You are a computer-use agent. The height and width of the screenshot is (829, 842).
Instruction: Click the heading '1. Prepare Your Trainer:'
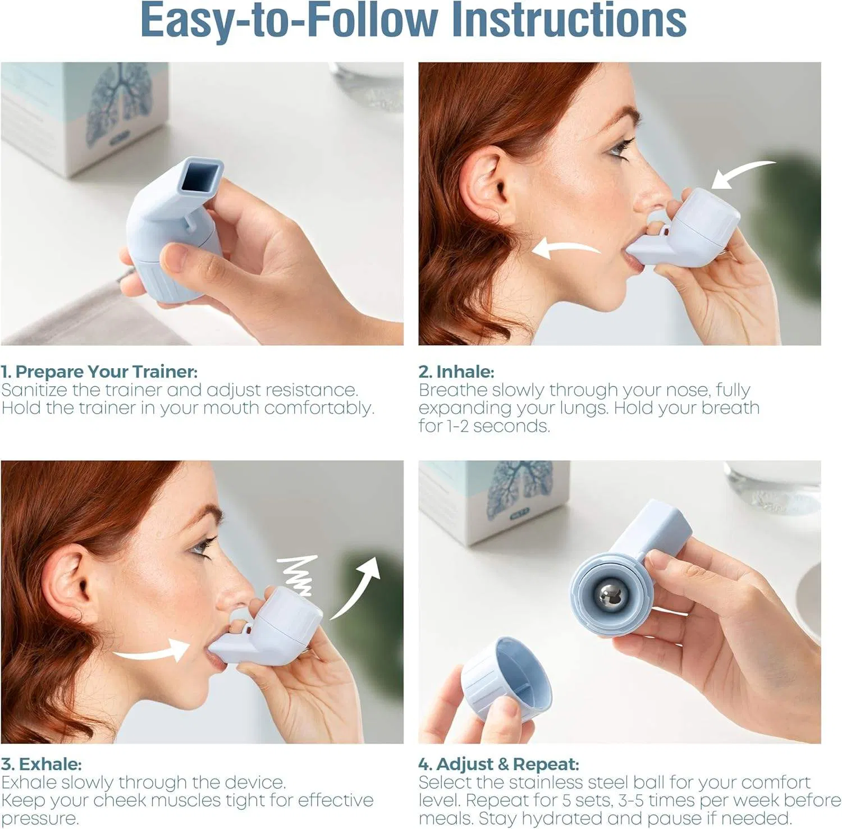pos(99,372)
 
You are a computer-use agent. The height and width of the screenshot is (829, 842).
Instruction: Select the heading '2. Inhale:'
pos(456,372)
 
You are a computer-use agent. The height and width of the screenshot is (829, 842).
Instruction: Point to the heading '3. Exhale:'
pos(42,764)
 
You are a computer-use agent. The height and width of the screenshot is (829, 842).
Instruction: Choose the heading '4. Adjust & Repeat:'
pos(498,764)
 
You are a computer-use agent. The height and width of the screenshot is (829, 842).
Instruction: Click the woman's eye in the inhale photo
pos(617,149)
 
